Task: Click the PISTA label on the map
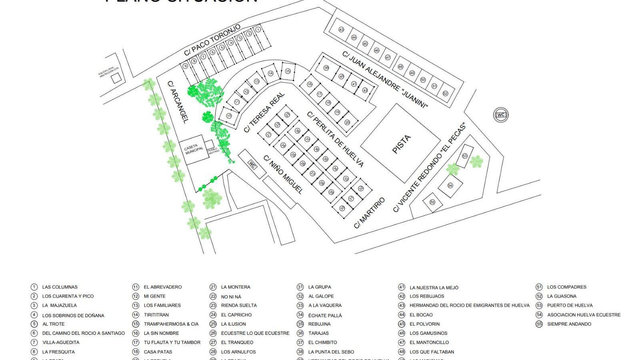point(401,144)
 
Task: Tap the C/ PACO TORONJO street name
point(212,40)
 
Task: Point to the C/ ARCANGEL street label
point(177,102)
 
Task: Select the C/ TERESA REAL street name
point(264,112)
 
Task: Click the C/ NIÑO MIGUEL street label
point(283,174)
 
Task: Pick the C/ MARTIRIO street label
point(369,213)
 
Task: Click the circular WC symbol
point(501,115)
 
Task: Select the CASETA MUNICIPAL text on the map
point(194,150)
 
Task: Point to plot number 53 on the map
point(465,156)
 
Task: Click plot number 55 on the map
point(432,202)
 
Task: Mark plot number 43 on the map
point(341,30)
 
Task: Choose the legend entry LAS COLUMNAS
point(60,287)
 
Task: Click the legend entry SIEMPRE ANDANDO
point(569,324)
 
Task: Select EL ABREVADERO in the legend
point(162,287)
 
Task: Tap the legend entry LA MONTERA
point(236,287)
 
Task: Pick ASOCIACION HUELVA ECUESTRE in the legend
point(584,315)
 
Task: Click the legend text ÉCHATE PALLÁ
point(325,315)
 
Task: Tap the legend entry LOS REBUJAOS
point(427,296)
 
